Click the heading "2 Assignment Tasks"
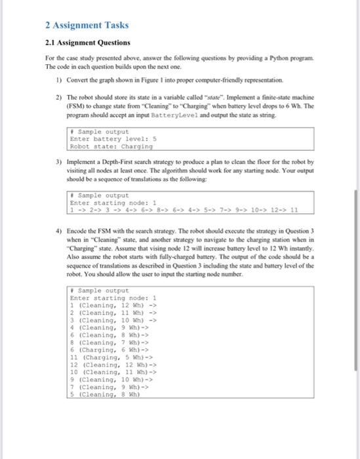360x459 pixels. (87, 26)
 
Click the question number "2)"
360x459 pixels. (58, 95)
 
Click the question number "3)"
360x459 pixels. (58, 161)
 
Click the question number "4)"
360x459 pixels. (58, 232)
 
